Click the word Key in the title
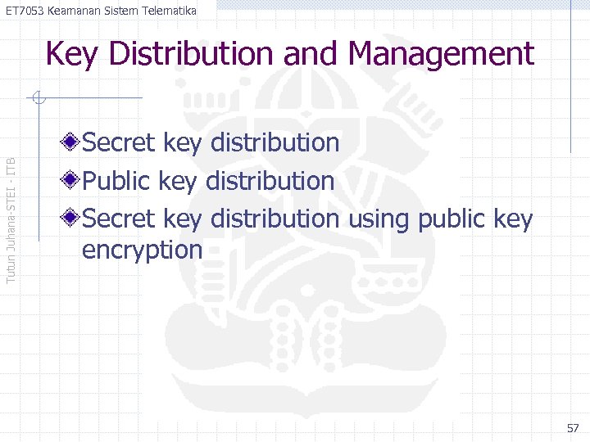[x=74, y=55]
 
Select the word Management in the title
[x=441, y=55]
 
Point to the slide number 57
[x=573, y=428]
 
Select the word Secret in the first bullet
[x=120, y=143]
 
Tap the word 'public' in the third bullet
[x=453, y=219]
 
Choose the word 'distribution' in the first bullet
[x=275, y=143]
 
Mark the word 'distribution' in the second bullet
[x=270, y=181]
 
